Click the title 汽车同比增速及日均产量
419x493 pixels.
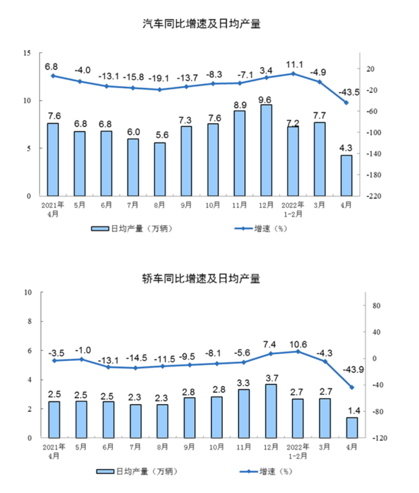(x=201, y=24)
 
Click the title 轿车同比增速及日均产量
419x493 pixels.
(x=201, y=279)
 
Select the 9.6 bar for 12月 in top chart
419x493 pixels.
(x=266, y=150)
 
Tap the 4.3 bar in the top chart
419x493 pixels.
(x=346, y=176)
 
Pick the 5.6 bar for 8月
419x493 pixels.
(x=160, y=169)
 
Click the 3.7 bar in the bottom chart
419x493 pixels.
(x=271, y=411)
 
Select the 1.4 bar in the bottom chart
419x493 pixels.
(x=352, y=427)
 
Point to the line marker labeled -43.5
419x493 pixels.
(x=346, y=103)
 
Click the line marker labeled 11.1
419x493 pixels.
(x=293, y=73)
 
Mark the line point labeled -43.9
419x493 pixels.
(x=352, y=387)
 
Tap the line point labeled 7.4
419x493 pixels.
(x=271, y=353)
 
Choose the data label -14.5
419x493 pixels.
(x=135, y=357)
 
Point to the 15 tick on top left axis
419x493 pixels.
(x=27, y=53)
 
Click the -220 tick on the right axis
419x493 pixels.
(x=375, y=196)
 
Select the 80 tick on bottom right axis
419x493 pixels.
(x=377, y=306)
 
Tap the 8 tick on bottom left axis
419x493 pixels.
(x=29, y=321)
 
